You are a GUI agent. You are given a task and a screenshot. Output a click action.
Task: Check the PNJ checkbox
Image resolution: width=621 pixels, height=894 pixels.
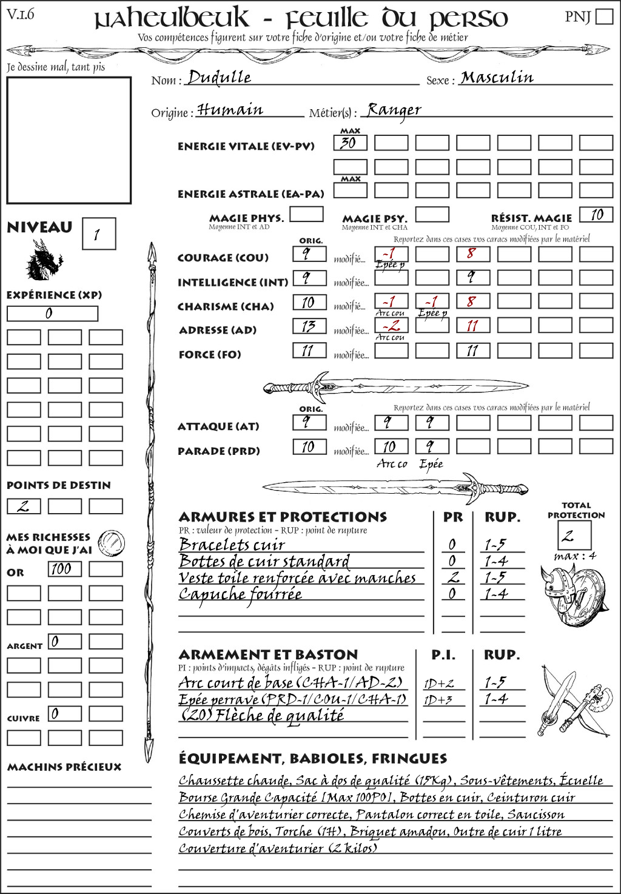[604, 16]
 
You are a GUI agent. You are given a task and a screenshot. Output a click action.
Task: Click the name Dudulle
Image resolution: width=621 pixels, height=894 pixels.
[219, 77]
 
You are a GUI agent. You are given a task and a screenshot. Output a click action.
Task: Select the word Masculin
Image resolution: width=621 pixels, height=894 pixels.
[497, 77]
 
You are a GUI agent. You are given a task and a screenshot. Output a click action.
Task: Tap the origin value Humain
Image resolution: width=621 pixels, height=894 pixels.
[230, 110]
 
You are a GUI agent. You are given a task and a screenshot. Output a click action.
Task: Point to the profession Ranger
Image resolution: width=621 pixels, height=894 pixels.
[394, 110]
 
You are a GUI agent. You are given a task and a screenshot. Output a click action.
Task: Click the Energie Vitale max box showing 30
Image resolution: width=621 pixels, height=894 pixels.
[350, 143]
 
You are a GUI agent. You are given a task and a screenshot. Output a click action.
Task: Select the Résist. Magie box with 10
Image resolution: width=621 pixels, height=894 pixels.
[596, 215]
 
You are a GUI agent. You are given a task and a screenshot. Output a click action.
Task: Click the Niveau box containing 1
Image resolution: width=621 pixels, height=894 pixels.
[98, 234]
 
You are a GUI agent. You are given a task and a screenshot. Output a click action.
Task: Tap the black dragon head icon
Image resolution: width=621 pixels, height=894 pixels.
[43, 260]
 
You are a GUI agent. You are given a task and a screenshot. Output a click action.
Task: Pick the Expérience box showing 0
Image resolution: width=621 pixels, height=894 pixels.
[52, 314]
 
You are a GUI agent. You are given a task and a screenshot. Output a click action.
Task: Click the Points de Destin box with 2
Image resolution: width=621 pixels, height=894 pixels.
[24, 506]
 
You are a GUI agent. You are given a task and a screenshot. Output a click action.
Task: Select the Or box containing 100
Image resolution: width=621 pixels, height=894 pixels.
[64, 569]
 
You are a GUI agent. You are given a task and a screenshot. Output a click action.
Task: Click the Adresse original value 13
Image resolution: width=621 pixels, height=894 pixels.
[309, 326]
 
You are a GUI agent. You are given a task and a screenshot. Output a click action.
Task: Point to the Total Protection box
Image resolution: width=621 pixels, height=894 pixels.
[574, 536]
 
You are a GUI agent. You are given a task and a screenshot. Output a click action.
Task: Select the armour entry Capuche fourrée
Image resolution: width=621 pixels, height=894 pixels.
[240, 595]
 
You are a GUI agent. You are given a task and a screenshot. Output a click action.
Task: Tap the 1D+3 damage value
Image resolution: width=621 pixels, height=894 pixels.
[438, 700]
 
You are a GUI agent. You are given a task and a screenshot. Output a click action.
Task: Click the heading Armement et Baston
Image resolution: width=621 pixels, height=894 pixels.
[268, 654]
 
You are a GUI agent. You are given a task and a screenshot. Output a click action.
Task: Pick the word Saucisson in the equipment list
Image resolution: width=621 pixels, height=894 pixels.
[535, 815]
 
